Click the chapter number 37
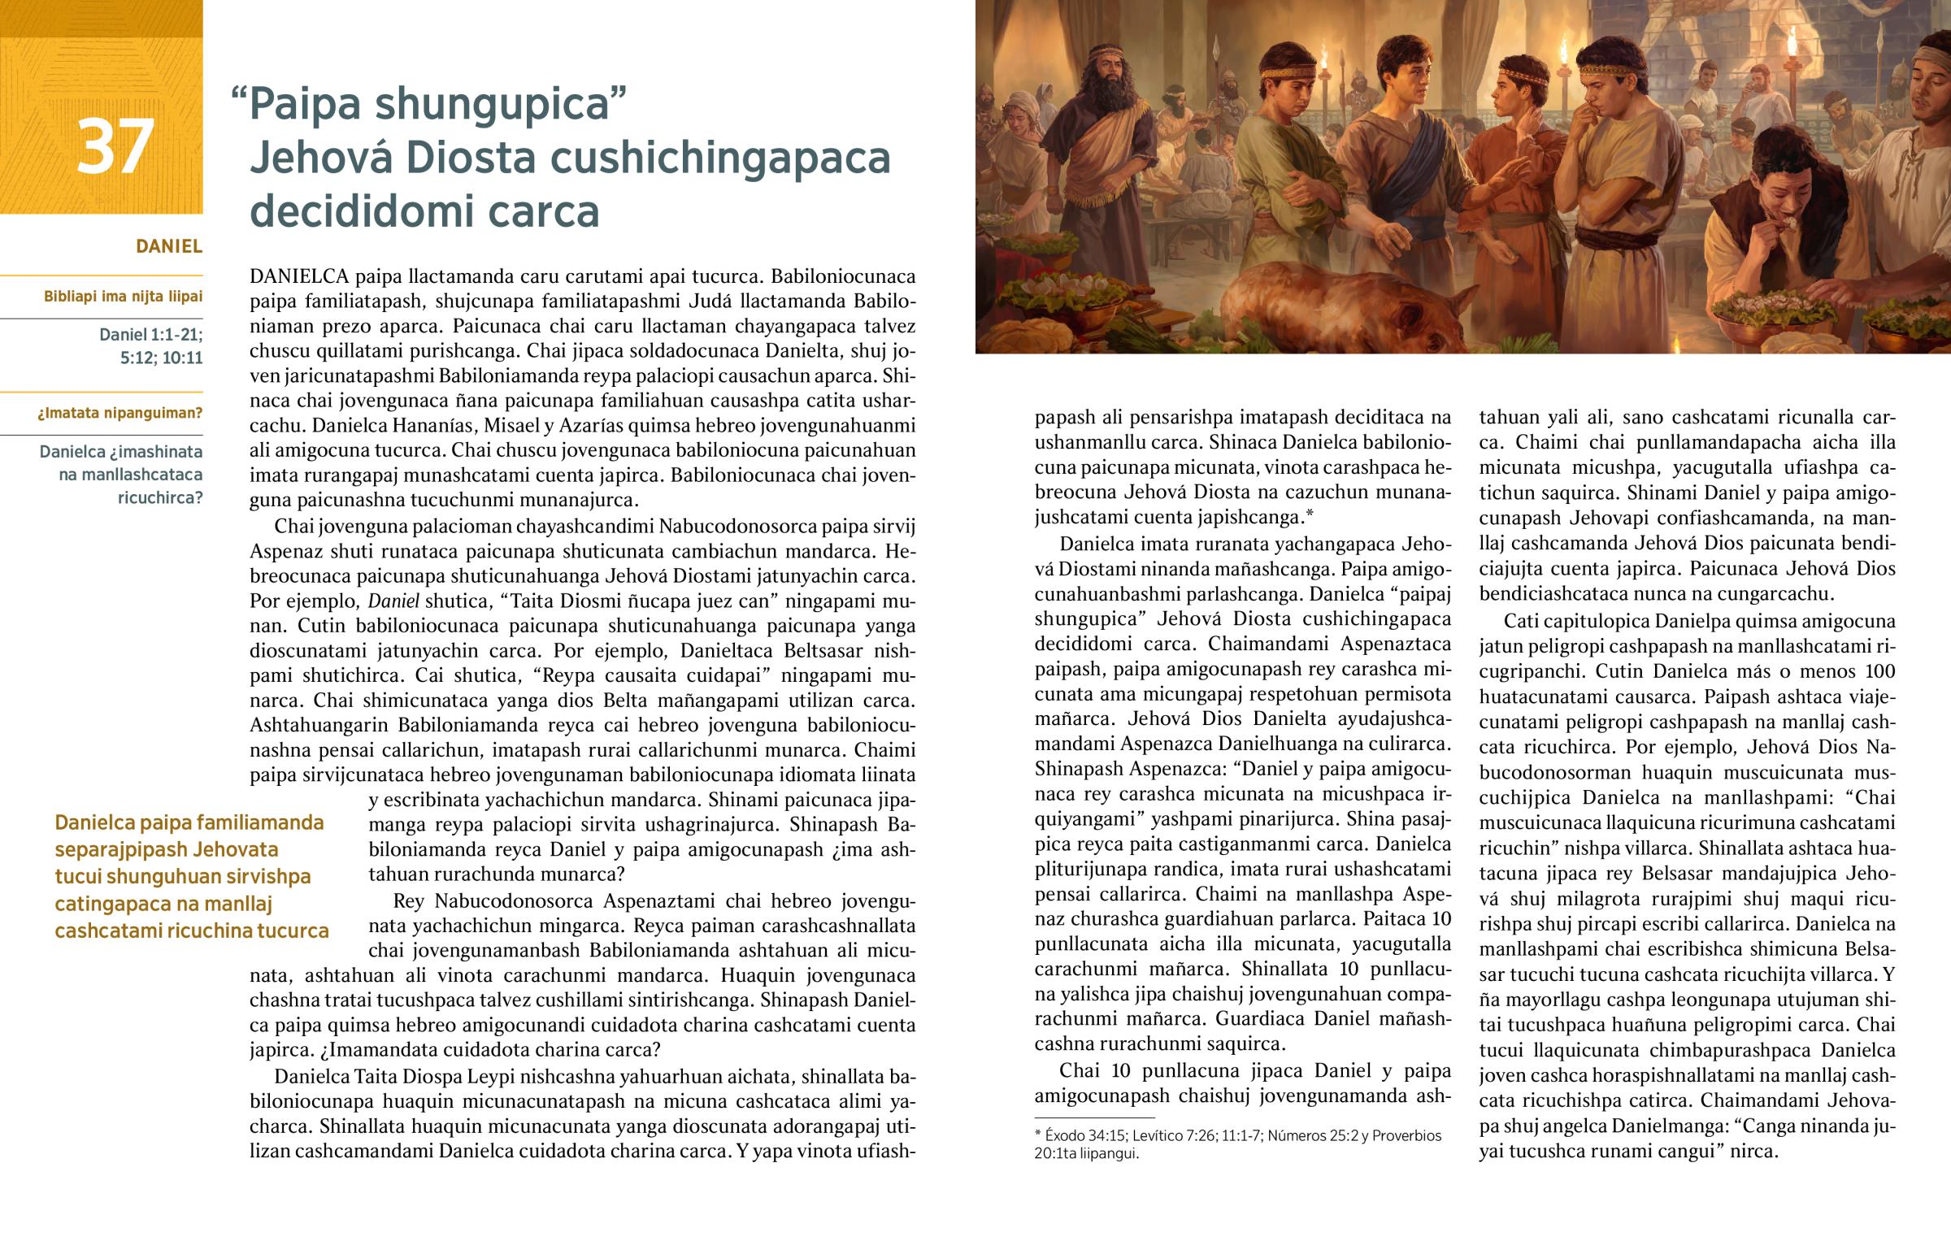(115, 147)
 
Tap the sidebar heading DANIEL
(168, 246)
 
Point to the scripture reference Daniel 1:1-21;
(150, 334)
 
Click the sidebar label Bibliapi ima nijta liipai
(123, 297)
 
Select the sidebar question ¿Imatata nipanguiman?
(119, 413)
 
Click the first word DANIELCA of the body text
(299, 276)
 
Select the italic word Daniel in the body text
(394, 601)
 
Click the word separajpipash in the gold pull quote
(166, 850)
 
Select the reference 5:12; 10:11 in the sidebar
(161, 358)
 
